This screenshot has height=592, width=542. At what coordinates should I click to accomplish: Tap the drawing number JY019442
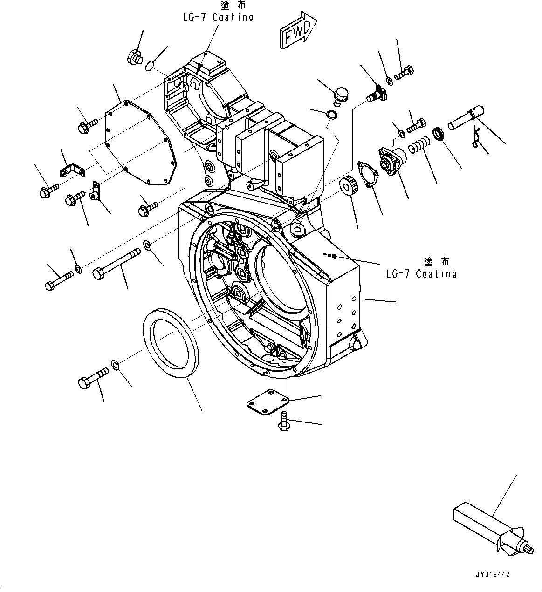pos(493,574)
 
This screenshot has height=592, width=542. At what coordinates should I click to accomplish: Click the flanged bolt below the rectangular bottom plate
pos(283,422)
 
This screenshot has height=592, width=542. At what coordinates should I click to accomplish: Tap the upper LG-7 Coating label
pos(219,18)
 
